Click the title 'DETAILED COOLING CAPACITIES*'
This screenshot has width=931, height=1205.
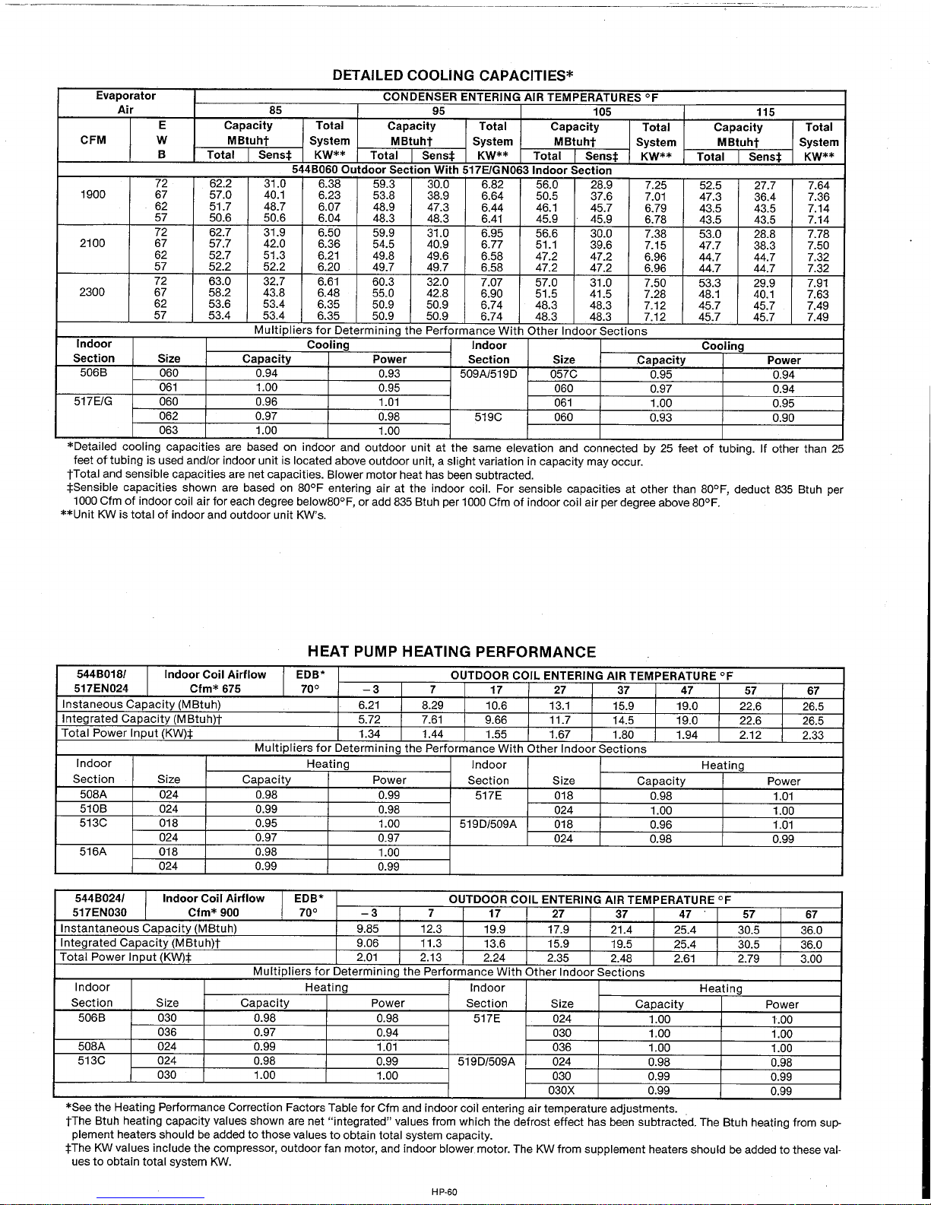(x=452, y=75)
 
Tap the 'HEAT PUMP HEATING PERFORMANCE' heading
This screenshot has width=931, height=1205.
(x=451, y=652)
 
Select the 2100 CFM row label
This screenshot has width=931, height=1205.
(x=93, y=243)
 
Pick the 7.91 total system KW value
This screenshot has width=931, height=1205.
(x=819, y=283)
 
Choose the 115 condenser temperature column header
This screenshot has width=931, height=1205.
(x=765, y=112)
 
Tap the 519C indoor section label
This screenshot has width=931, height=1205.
(x=489, y=417)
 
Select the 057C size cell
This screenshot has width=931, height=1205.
(x=563, y=374)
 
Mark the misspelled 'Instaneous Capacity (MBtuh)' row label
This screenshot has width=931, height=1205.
(x=141, y=705)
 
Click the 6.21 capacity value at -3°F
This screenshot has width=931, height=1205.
(x=369, y=706)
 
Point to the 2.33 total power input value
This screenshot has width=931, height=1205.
(x=812, y=735)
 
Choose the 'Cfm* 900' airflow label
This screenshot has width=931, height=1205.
(x=214, y=913)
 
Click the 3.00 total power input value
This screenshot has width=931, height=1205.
(x=811, y=959)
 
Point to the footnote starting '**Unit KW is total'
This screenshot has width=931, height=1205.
(x=194, y=515)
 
